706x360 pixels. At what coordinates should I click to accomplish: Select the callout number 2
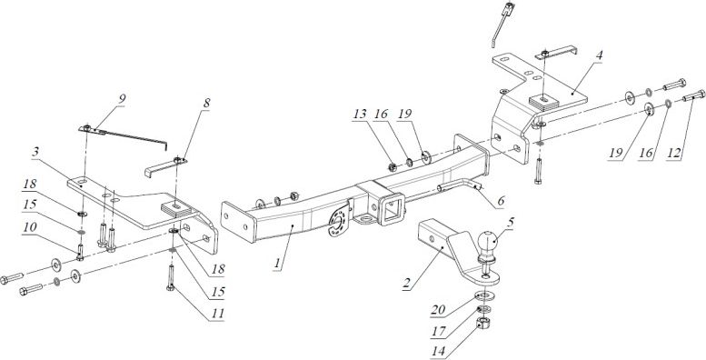click(x=406, y=284)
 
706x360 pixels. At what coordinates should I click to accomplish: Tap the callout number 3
click(x=35, y=152)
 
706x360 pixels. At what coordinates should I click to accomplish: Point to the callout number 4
click(x=599, y=55)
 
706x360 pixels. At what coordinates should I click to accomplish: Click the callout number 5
click(x=509, y=223)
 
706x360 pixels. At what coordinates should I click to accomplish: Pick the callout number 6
click(x=501, y=201)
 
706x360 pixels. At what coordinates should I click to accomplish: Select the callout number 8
click(x=205, y=103)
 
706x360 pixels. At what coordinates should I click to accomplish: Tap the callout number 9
click(x=123, y=98)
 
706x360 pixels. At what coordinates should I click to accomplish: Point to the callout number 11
click(x=217, y=314)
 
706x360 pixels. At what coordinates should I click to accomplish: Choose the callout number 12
click(x=674, y=154)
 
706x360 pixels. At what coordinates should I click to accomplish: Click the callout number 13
click(x=360, y=114)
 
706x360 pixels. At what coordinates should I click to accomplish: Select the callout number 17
click(x=439, y=332)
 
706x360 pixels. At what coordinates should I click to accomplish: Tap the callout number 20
click(x=438, y=309)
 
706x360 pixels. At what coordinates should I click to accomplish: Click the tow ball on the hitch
click(x=487, y=243)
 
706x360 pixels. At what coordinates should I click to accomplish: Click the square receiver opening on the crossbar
click(x=393, y=208)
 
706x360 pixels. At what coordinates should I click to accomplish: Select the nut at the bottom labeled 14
click(x=483, y=323)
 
